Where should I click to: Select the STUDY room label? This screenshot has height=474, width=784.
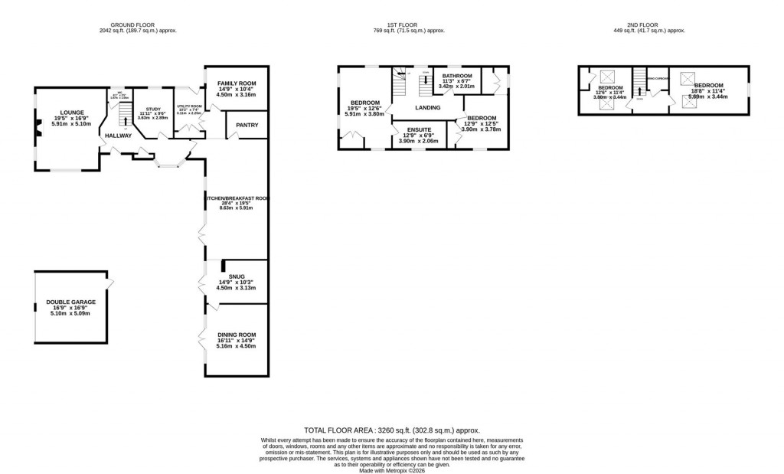(148, 110)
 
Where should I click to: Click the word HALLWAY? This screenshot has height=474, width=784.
(119, 136)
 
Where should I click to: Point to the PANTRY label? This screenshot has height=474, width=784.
(247, 125)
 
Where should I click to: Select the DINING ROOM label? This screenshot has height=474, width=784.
(237, 335)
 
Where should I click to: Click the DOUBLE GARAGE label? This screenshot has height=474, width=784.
(70, 302)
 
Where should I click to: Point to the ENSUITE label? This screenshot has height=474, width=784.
(419, 130)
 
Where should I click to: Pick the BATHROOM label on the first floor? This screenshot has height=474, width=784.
(458, 77)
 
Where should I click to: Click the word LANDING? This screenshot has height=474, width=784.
(428, 108)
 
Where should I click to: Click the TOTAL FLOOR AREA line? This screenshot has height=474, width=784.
(391, 431)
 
